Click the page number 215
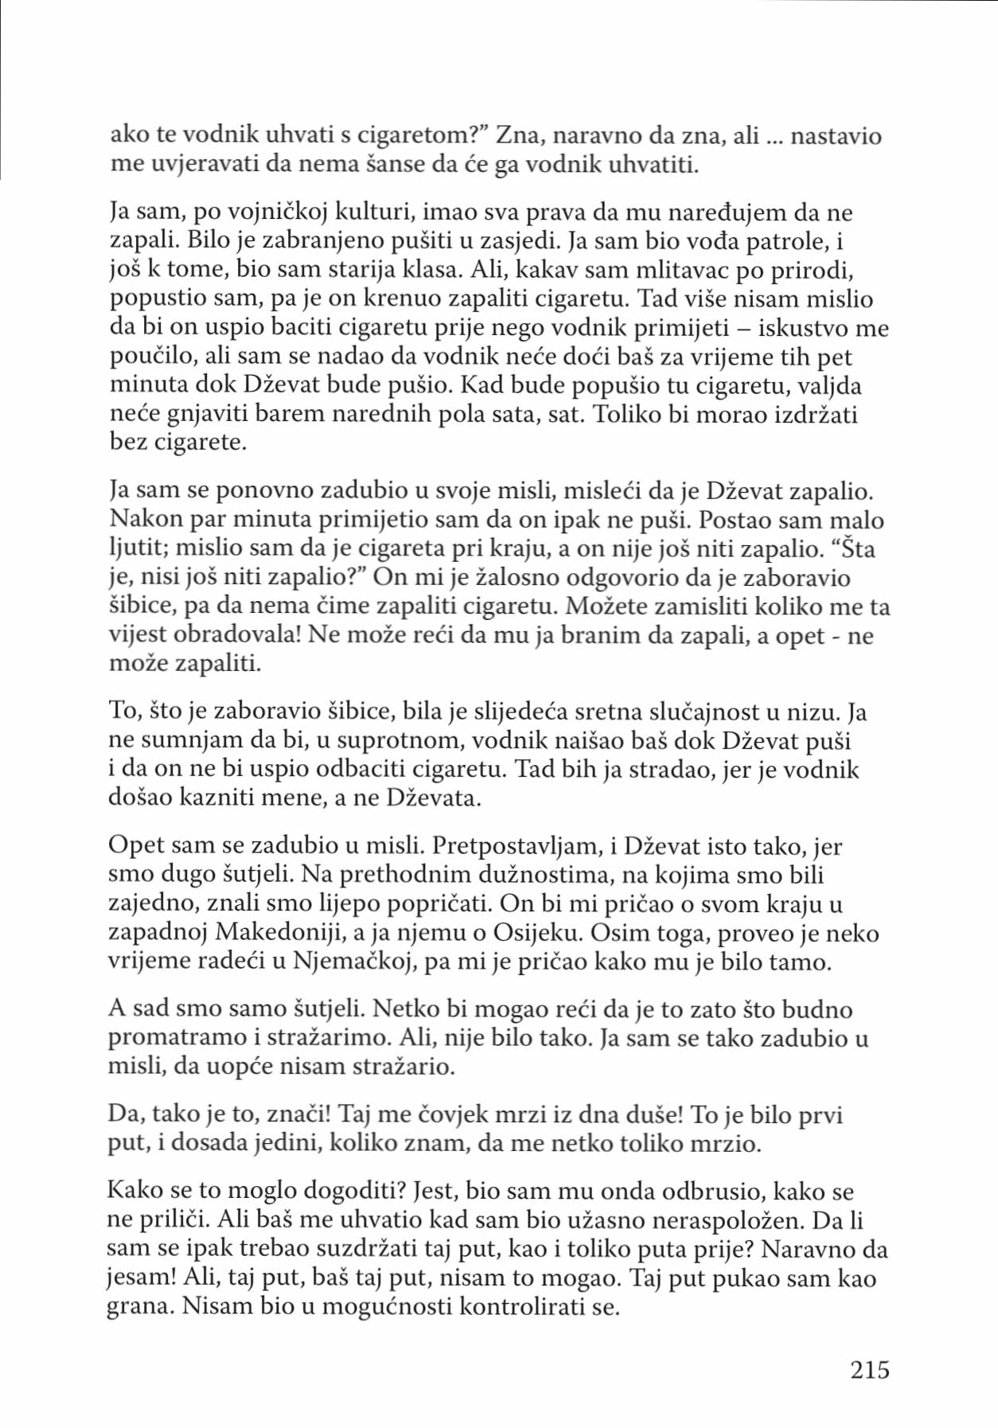click(x=869, y=1370)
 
